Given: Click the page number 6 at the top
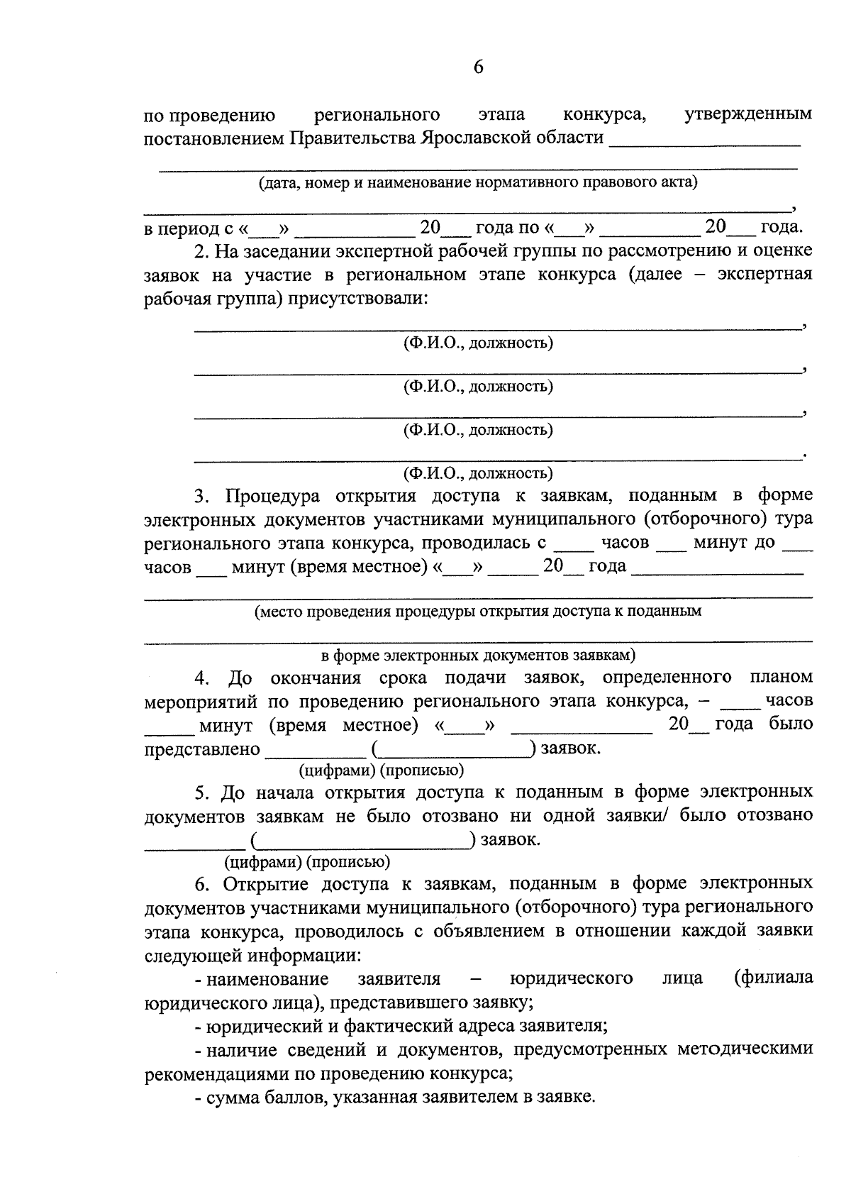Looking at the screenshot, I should (x=477, y=67).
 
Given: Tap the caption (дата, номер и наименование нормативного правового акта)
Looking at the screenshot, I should (x=477, y=182).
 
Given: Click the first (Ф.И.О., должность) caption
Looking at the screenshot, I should (x=477, y=343).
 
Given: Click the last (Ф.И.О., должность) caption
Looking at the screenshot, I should (x=477, y=473).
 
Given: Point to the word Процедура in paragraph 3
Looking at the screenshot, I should (x=273, y=495).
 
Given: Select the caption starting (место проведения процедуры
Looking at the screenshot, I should (x=477, y=611).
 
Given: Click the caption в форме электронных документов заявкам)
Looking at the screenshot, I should (x=477, y=654).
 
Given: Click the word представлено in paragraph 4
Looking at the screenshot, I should (x=202, y=749).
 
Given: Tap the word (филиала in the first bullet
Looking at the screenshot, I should (x=774, y=978).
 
